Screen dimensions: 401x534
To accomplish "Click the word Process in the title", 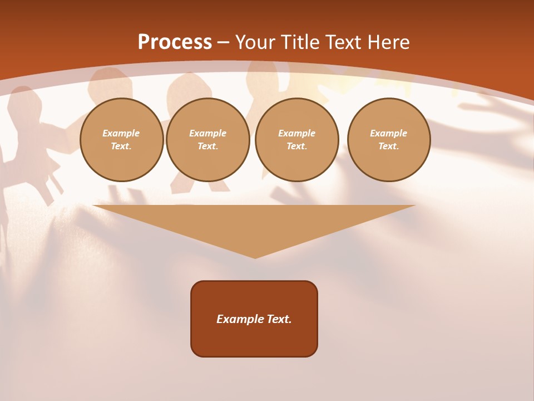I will [175, 42].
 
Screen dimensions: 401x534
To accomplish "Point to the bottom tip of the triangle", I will [255, 257].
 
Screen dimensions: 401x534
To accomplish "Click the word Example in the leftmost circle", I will [121, 133].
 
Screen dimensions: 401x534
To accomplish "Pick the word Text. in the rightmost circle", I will [389, 146].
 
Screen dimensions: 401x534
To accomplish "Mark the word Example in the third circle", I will [297, 133].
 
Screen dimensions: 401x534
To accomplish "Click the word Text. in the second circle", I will [208, 146].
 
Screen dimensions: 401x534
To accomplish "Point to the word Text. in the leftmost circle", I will [121, 146].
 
